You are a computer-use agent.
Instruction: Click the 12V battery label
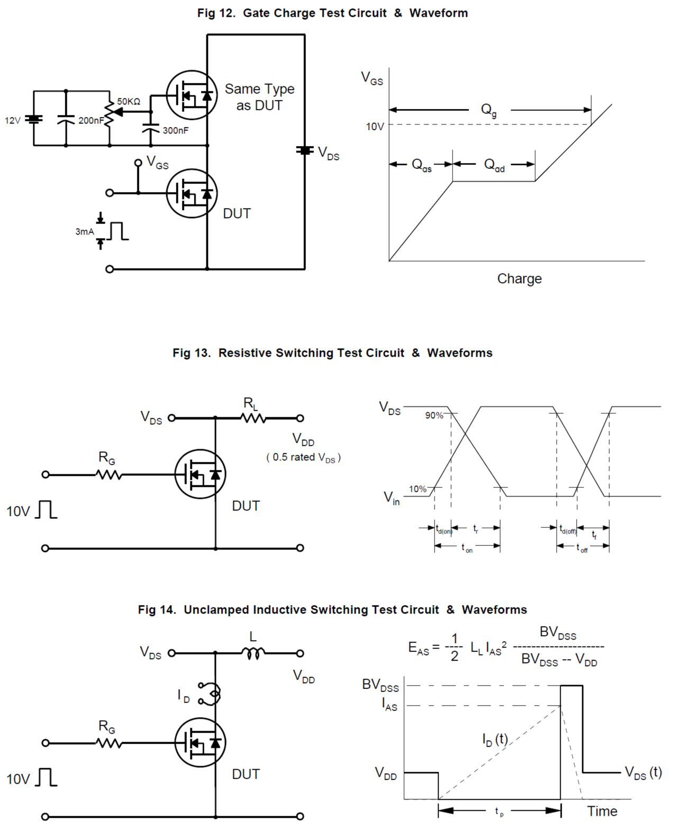(13, 121)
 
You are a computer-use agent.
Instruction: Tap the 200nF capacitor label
(91, 121)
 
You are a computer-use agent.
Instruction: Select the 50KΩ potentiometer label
(129, 102)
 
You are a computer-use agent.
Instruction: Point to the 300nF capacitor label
(175, 131)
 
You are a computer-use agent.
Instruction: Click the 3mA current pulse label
(85, 232)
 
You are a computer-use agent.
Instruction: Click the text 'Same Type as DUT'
(259, 97)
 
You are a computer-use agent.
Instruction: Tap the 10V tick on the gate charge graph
(375, 127)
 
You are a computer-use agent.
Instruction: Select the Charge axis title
(519, 279)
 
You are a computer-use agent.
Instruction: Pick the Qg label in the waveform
(488, 110)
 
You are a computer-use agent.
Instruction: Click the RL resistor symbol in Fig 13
(253, 418)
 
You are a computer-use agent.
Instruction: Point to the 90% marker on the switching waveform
(434, 416)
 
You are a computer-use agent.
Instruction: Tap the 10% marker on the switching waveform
(418, 489)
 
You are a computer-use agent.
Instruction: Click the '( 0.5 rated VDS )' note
(303, 457)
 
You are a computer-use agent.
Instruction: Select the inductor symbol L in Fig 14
(253, 654)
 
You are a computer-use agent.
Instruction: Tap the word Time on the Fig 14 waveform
(602, 812)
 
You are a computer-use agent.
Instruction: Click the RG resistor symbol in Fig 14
(109, 743)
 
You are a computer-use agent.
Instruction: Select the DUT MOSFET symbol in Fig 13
(200, 474)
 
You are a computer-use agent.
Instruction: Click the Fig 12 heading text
(332, 13)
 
